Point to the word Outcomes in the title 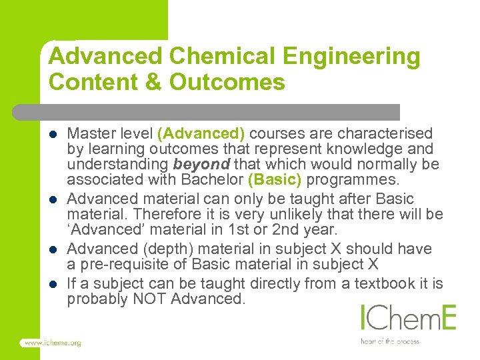tap(227, 83)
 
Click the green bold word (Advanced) tap(201, 133)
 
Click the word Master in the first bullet tap(89, 133)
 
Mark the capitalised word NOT tap(150, 299)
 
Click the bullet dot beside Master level tap(53, 134)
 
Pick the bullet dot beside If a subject tap(53, 284)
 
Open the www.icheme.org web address tap(52, 343)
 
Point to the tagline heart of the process tap(389, 341)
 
